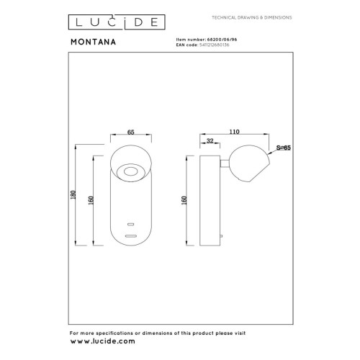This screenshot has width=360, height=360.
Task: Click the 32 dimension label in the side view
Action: [209, 141]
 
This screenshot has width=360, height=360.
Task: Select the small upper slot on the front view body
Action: [130, 224]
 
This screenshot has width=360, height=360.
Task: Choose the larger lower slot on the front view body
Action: [130, 235]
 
